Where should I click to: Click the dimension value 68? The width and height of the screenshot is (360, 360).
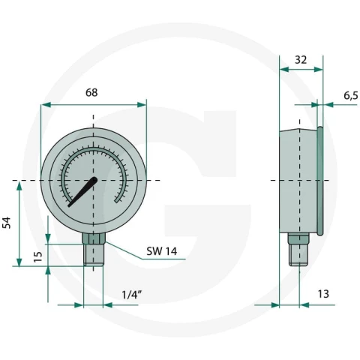pos(91,92)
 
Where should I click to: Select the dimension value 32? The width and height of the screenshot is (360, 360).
pos(301,60)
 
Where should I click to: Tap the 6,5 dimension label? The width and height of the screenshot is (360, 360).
pos(351,95)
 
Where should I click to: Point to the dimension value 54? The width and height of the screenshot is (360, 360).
pos(7,223)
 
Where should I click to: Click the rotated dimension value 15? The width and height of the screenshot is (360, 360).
pos(38,256)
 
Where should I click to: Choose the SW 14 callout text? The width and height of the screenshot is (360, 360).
pos(162,251)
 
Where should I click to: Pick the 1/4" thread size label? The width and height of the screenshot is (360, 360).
pos(132,295)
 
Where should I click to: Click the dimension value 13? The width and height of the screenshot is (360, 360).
pos(323,294)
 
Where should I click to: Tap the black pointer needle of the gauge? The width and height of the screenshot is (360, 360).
pos(82,192)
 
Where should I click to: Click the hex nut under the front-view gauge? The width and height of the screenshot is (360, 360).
pos(94,238)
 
